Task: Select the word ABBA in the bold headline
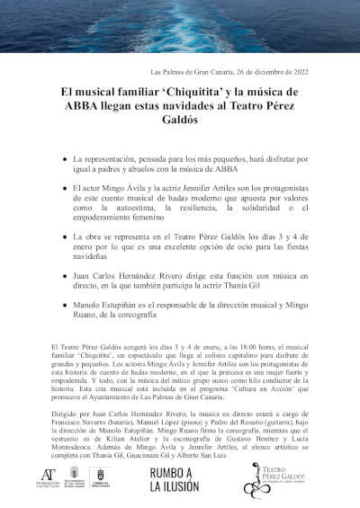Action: tap(77, 104)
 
